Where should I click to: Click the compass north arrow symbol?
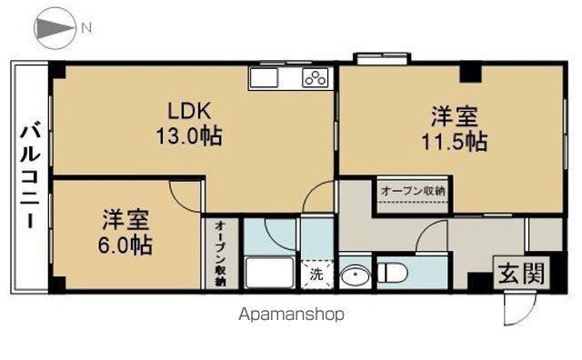tap(55, 28)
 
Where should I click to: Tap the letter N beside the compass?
tap(86, 28)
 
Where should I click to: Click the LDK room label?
tap(189, 110)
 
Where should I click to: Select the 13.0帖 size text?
tap(189, 135)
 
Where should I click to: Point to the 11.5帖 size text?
tap(455, 142)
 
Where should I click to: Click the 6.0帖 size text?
tap(125, 245)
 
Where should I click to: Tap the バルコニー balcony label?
tap(30, 177)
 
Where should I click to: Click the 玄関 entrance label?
tap(521, 273)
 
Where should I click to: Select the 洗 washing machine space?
tap(316, 275)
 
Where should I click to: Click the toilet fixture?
tap(392, 273)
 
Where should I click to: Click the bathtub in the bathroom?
tap(270, 273)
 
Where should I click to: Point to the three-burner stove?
tap(316, 78)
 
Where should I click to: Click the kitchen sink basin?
tap(264, 78)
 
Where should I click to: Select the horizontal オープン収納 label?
tap(413, 191)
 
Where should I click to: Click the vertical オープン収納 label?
tap(220, 254)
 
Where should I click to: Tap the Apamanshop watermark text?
tap(291, 315)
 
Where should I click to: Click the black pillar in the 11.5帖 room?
tap(470, 74)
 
